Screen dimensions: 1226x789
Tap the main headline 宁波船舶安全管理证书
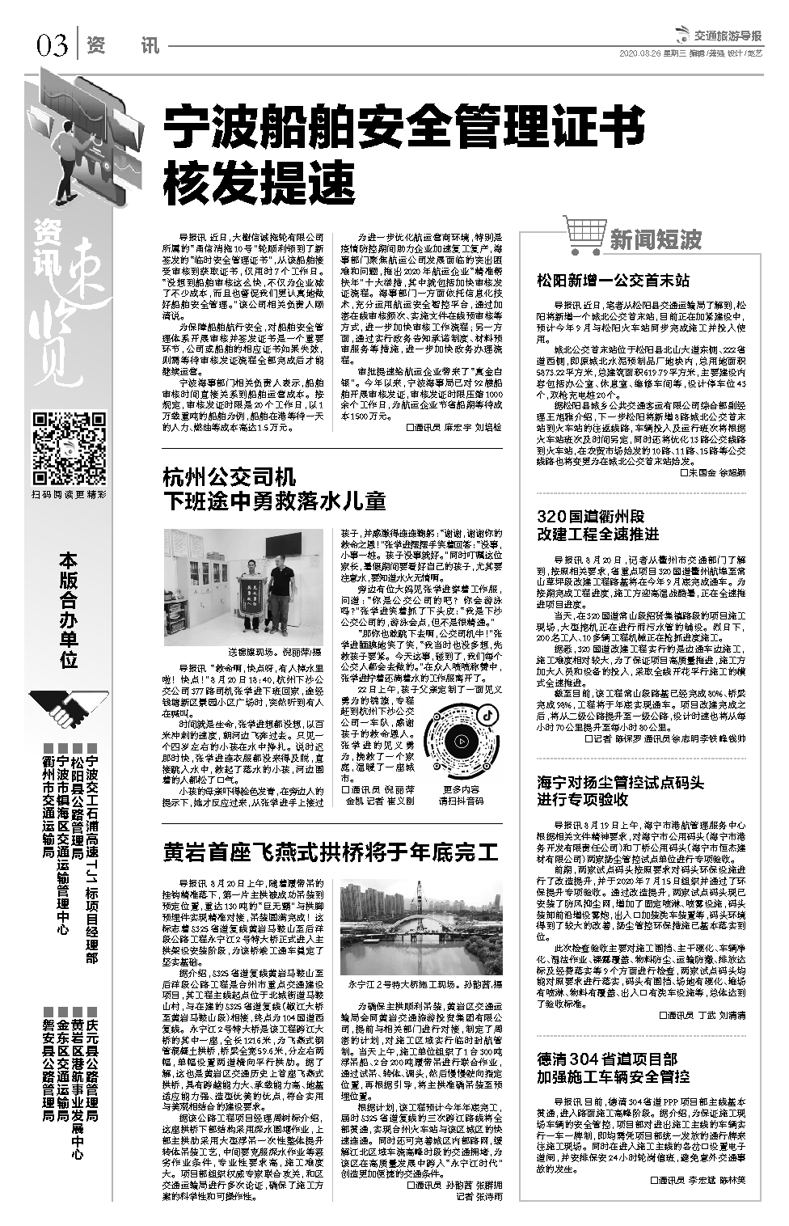404,129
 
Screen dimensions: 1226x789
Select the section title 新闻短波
655,239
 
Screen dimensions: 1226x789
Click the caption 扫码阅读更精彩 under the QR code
69,495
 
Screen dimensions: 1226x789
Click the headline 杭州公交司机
230,476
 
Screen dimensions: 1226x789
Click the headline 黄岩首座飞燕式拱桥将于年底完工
330,852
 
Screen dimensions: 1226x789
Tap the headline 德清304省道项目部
607,1059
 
